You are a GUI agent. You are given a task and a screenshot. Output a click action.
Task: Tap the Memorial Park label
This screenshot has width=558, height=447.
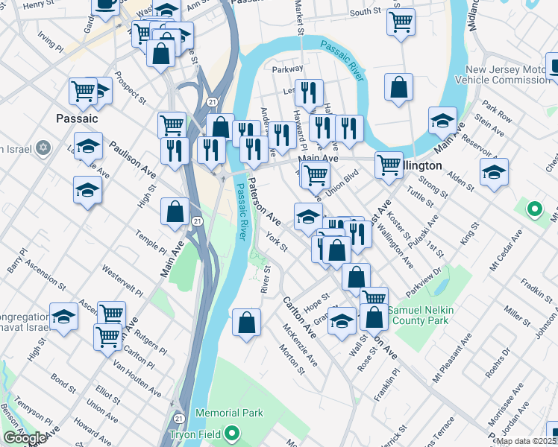click(229, 413)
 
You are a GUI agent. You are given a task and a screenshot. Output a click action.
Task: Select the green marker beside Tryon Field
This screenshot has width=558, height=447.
click(233, 432)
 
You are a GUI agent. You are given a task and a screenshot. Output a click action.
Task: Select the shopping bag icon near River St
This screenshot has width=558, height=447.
click(246, 323)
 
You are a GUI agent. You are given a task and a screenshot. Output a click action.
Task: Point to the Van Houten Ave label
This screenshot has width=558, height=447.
click(137, 379)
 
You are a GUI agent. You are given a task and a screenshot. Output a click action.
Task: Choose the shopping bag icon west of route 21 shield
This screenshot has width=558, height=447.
click(175, 211)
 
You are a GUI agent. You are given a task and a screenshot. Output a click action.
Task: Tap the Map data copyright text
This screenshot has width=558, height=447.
click(526, 441)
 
